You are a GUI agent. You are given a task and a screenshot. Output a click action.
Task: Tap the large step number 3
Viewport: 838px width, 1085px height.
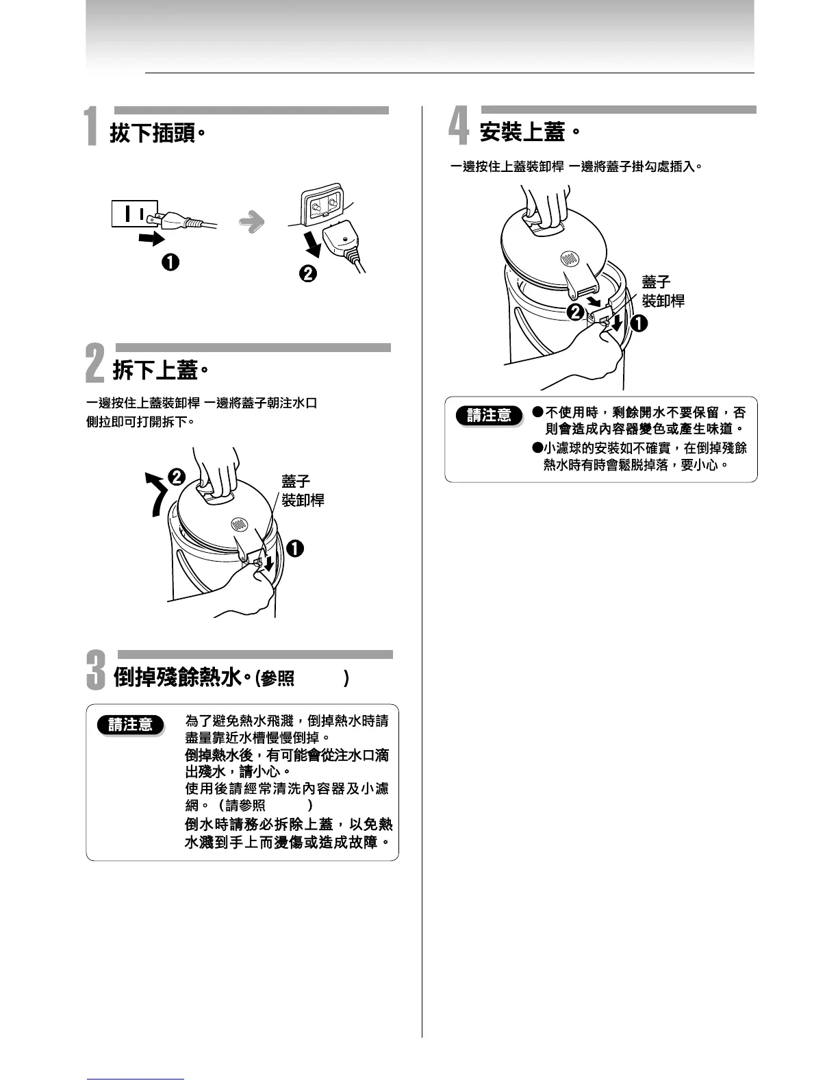coord(96,670)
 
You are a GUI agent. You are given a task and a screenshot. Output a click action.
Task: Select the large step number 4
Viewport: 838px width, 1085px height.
coord(459,127)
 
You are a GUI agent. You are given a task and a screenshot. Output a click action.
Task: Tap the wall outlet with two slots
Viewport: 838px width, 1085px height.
coord(135,213)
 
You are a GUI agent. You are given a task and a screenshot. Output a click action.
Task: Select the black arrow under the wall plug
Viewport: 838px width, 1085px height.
coord(151,238)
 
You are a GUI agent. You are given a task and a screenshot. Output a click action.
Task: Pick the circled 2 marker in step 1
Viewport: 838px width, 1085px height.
coord(308,273)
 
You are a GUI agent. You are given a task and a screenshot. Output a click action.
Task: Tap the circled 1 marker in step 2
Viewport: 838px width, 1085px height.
coord(295,549)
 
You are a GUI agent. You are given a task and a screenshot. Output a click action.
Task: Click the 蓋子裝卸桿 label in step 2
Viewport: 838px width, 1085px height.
coord(303,491)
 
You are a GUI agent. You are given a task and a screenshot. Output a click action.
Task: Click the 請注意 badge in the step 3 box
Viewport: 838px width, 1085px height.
coord(130,725)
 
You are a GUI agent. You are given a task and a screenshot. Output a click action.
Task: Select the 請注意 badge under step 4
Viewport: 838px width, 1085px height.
coord(490,415)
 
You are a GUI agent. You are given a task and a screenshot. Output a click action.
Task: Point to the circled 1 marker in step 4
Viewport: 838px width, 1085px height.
coord(638,324)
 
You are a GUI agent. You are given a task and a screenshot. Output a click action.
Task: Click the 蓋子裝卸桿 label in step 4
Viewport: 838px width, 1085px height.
coord(662,291)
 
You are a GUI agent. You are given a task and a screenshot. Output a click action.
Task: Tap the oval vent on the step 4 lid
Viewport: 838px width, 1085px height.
coord(570,260)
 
